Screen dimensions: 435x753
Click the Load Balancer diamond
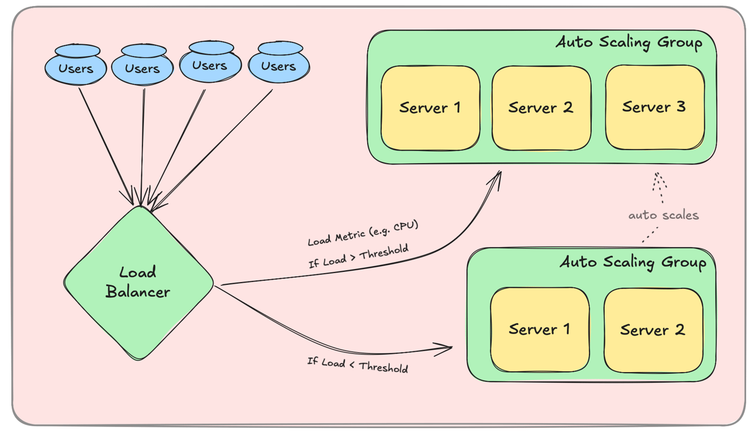tap(139, 283)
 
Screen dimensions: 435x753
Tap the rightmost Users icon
tap(278, 63)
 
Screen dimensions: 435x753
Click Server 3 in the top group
tap(655, 107)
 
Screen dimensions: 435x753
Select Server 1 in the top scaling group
tap(430, 108)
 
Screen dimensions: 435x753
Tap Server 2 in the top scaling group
tap(541, 108)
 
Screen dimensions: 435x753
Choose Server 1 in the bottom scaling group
tap(539, 329)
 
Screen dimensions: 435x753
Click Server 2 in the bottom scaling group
tap(653, 329)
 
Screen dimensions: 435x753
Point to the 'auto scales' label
tap(664, 215)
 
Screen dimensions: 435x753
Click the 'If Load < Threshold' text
tap(358, 365)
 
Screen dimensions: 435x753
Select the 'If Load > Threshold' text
tap(358, 257)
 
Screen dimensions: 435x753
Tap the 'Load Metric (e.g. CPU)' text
tap(363, 233)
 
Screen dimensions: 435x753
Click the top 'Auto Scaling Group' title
tap(629, 42)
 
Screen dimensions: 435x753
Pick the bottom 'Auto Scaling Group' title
tap(632, 262)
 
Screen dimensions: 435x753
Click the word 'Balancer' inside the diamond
tap(138, 292)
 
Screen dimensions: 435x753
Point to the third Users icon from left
tap(210, 63)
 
